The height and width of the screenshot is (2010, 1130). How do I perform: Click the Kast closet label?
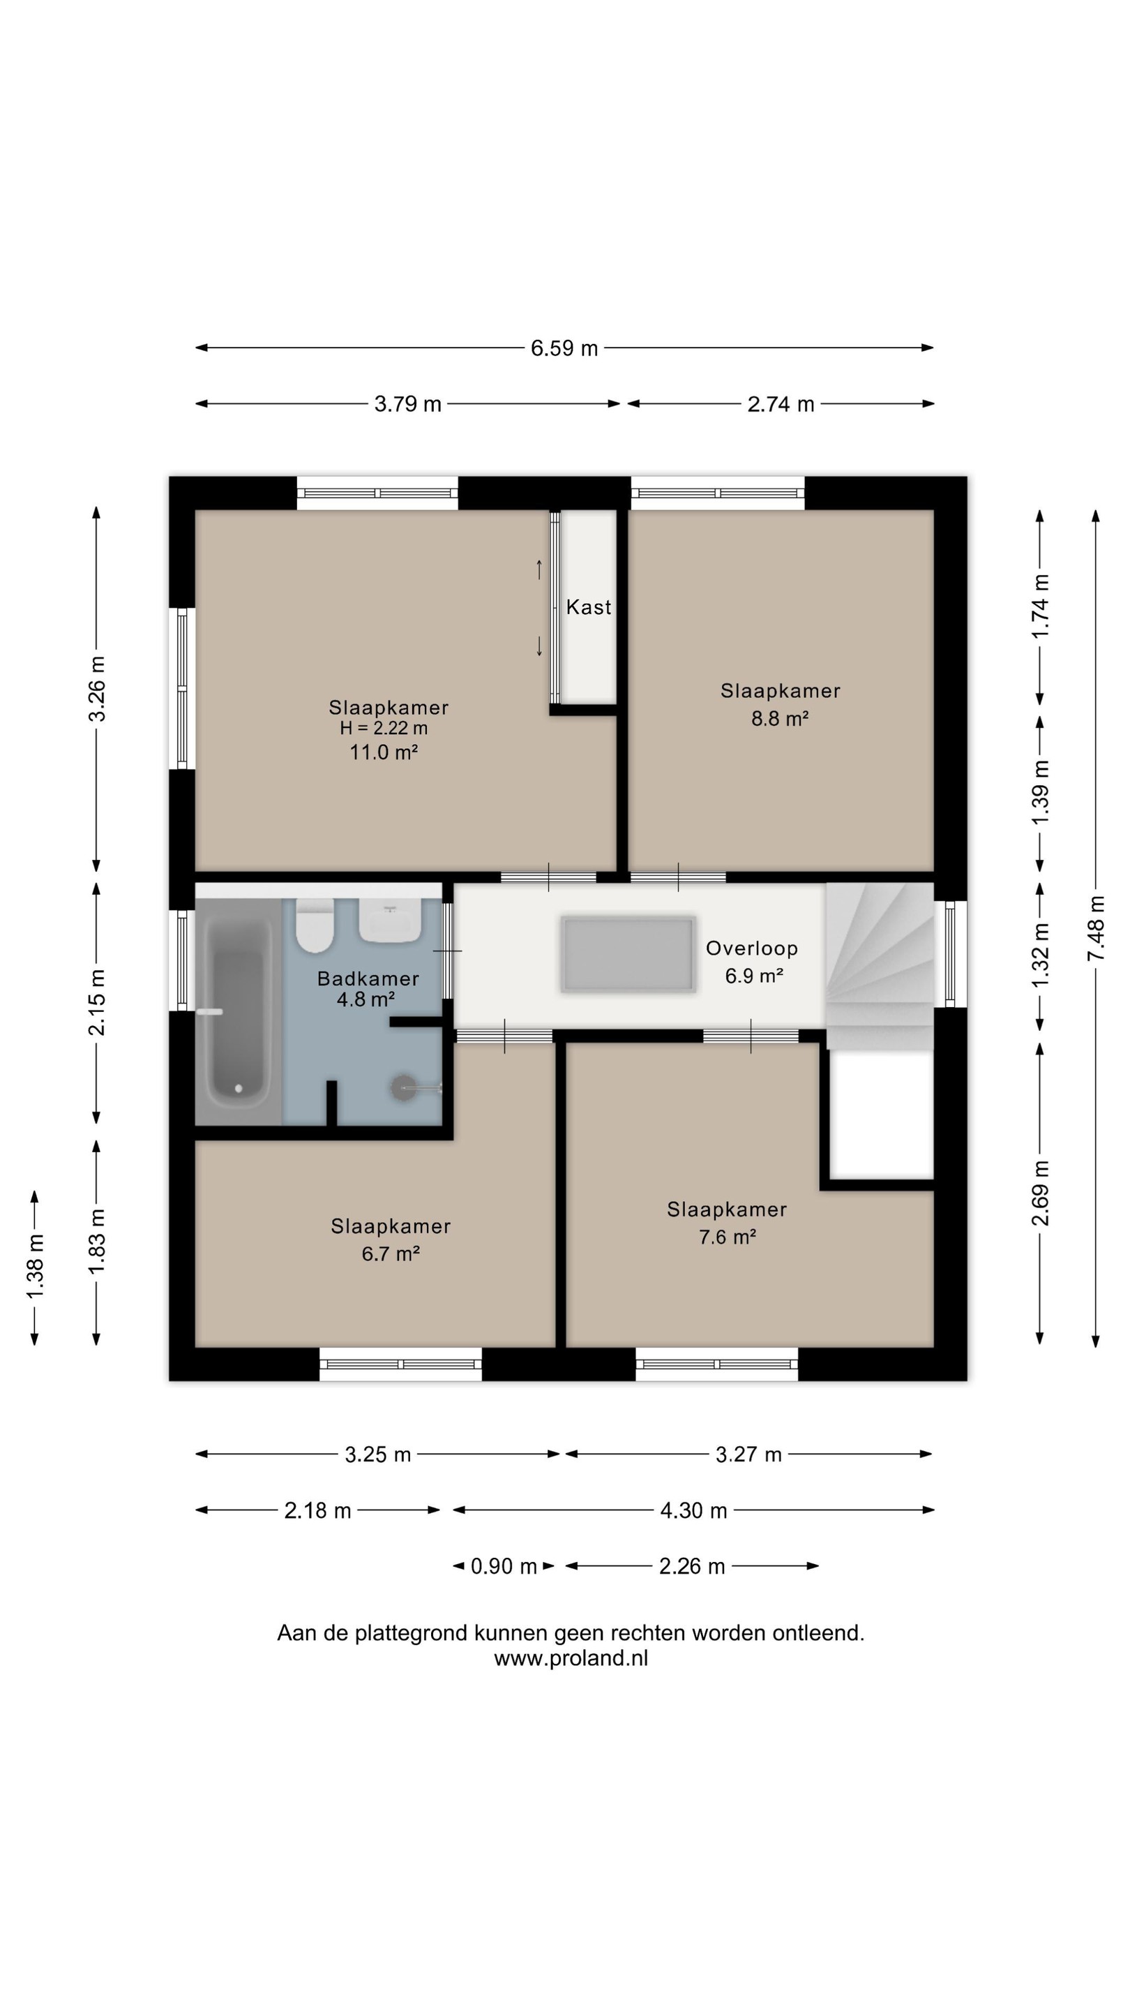coord(589,607)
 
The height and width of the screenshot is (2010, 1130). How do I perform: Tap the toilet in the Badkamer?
coord(315,925)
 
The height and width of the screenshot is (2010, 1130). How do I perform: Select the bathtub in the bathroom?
coord(238,1012)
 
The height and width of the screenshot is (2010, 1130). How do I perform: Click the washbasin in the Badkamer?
coord(390,921)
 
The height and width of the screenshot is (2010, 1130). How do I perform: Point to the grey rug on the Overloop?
coord(628,954)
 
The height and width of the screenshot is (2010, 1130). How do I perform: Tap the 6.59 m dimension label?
coord(564,348)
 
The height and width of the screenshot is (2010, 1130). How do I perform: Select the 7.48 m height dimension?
coord(1096,928)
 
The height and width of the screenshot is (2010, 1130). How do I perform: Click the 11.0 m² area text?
coord(384,752)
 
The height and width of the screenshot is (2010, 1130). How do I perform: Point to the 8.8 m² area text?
coord(780,719)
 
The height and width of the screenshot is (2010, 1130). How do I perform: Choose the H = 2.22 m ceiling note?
coord(384,728)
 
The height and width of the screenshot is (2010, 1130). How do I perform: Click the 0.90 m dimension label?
coord(504,1566)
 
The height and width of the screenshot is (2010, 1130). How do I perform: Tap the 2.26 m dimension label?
coord(692,1566)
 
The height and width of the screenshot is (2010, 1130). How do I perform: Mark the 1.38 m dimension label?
coord(35,1267)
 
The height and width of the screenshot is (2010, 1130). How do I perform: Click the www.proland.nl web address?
coord(571,1658)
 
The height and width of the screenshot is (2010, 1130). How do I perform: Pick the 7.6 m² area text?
coord(728,1237)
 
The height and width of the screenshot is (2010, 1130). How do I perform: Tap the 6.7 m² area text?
coord(391,1253)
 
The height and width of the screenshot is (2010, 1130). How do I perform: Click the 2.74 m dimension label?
coord(781,404)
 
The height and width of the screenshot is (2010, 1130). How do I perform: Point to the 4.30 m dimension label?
coord(693,1510)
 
